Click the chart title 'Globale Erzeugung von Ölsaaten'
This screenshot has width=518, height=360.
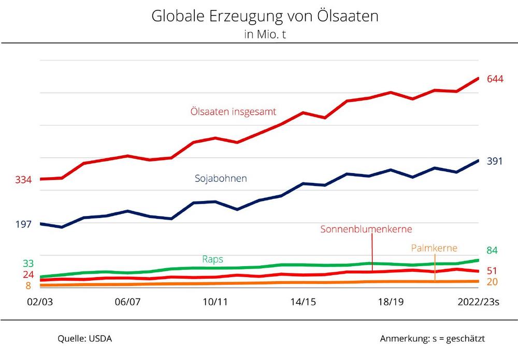(x=265, y=16)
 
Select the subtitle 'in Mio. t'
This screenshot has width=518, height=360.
(x=265, y=34)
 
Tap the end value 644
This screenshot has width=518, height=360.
(x=495, y=79)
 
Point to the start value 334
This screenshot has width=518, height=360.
(x=23, y=180)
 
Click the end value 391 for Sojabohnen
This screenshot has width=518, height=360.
(x=495, y=161)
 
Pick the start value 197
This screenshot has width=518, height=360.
(x=23, y=224)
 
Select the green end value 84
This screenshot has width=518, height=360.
(x=492, y=251)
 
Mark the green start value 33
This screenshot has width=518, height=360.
(x=28, y=263)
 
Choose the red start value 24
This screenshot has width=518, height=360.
(x=28, y=275)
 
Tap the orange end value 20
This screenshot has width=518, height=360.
(x=492, y=282)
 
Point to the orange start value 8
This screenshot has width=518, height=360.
(x=28, y=285)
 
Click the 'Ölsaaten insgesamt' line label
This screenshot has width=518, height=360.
(x=233, y=111)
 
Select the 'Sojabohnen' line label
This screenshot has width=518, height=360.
(x=221, y=178)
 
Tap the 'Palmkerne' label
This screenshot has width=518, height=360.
(x=435, y=248)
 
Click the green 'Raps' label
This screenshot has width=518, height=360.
(x=212, y=259)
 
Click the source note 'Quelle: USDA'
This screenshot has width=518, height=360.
(x=84, y=339)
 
